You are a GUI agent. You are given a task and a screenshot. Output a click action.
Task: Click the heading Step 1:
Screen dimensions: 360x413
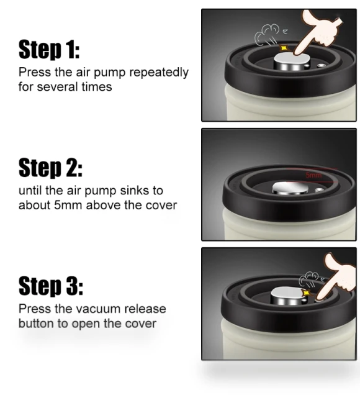coord(49,49)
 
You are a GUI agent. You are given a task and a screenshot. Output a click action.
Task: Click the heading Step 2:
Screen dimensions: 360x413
coord(50,168)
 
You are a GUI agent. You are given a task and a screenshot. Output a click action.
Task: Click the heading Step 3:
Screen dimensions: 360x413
coord(51,286)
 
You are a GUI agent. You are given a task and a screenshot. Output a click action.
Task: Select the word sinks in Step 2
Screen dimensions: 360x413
coord(133,190)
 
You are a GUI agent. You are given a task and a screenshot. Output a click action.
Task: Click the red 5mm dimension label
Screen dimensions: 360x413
coord(313,175)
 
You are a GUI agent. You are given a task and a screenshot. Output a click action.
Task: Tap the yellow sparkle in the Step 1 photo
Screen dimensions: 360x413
coord(284,48)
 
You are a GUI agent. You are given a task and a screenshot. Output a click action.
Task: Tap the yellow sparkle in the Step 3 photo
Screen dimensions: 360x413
coord(306,293)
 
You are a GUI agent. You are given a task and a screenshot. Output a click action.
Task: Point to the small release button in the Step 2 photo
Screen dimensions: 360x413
coord(318,189)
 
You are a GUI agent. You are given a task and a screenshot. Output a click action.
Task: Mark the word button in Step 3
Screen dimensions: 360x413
coord(37,324)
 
